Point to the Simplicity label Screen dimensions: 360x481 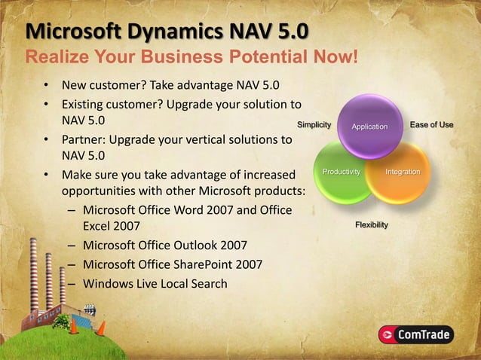pos(314,124)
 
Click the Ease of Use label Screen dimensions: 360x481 pos(431,124)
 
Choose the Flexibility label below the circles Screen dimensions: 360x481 pos(372,225)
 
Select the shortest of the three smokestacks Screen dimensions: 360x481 pos(62,286)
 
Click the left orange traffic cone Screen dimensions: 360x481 pos(74,327)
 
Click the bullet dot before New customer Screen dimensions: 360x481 pos(46,84)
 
